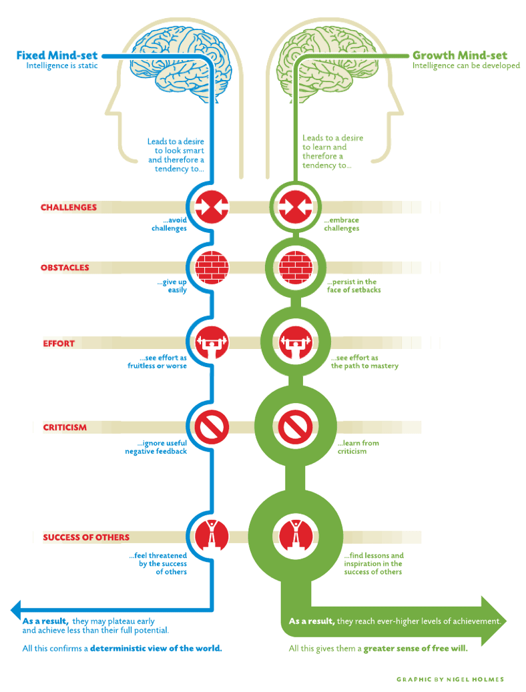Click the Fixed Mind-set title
(57, 55)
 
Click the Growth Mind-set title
(460, 55)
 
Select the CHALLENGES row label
(69, 208)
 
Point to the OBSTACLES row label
(65, 268)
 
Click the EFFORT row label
(59, 344)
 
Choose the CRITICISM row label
(65, 427)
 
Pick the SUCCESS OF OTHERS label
(86, 537)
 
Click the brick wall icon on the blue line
(212, 268)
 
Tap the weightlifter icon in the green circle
(296, 342)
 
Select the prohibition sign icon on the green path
(296, 427)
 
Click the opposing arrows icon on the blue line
(212, 207)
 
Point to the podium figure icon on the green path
(296, 537)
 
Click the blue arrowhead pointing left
(15, 610)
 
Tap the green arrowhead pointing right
(493, 621)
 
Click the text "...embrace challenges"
(341, 224)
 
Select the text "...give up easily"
(172, 286)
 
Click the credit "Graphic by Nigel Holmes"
(450, 679)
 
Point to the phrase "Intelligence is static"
(62, 66)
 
